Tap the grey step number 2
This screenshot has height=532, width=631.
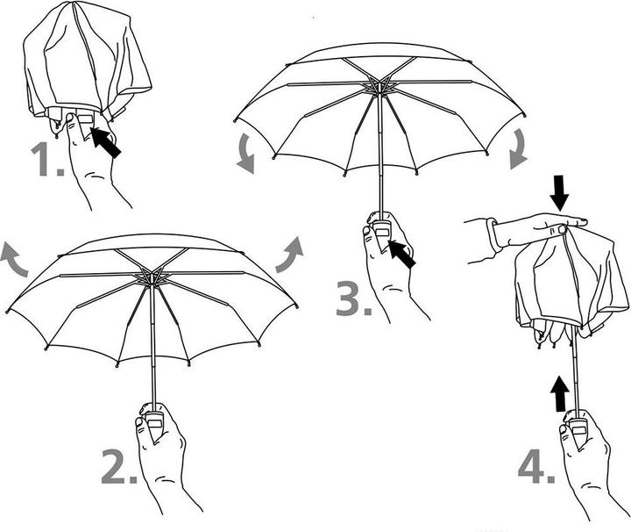coord(118,467)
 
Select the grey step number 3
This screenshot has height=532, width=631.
coord(353,299)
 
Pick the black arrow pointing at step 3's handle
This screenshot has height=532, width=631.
coord(401,254)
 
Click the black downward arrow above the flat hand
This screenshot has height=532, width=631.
coord(559,193)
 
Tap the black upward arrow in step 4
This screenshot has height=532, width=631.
coord(560,394)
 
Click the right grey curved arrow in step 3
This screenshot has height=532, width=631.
coord(518,149)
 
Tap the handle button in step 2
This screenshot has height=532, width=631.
coord(155,423)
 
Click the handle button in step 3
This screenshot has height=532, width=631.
coord(381,232)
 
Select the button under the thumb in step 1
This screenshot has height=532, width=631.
coord(86,119)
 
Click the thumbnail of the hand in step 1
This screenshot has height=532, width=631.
coord(70,118)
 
